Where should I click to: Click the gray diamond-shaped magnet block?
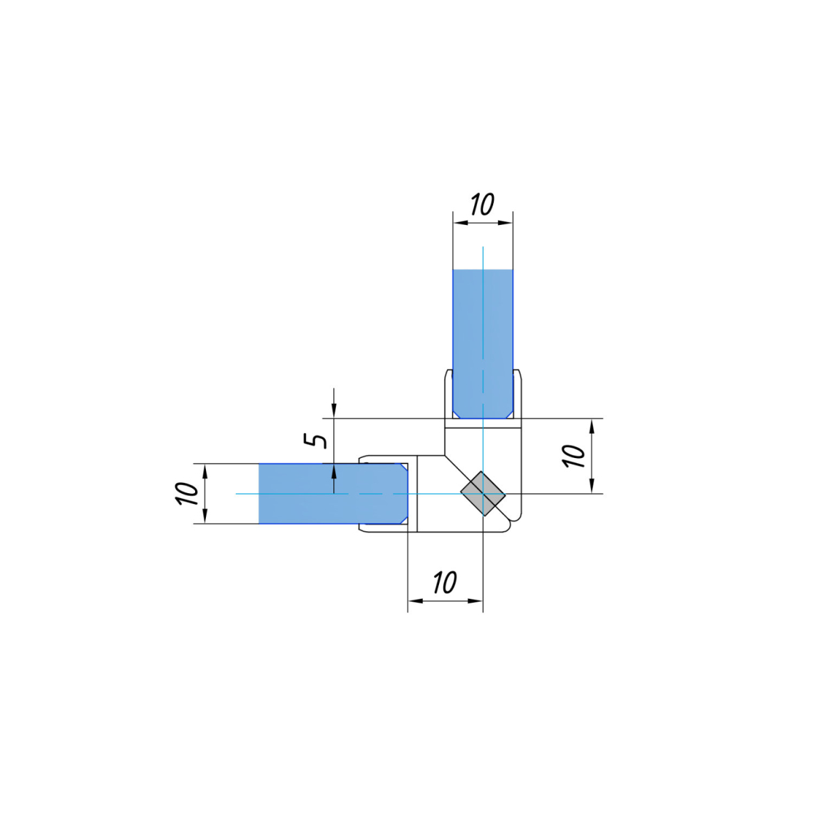[482, 493]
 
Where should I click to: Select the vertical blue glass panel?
[482, 344]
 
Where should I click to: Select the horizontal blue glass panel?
[333, 493]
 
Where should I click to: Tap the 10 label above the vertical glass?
[482, 205]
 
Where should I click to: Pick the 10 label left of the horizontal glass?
[186, 493]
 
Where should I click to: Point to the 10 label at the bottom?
[445, 583]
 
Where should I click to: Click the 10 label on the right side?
[575, 456]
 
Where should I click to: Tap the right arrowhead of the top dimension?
[505, 223]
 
